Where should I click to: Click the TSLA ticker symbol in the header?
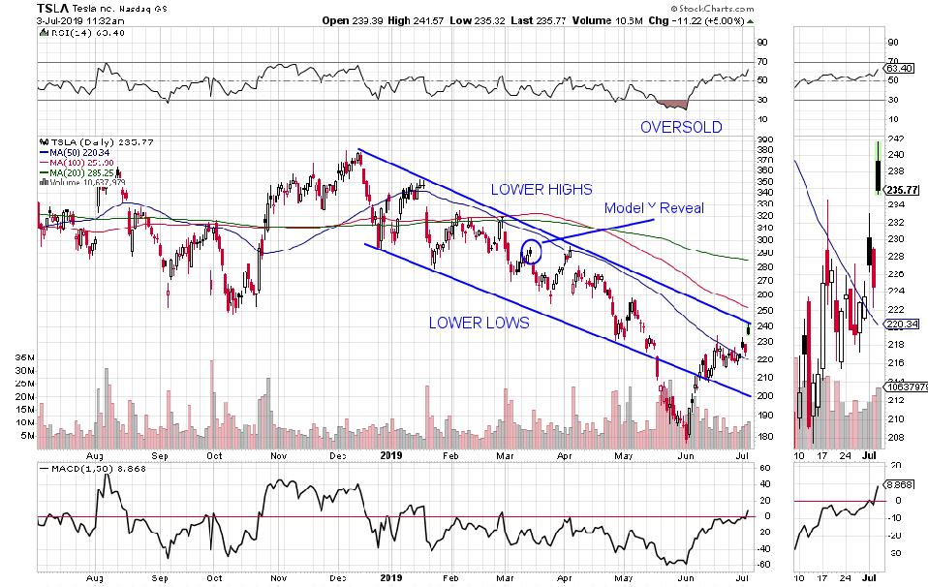click(x=20, y=7)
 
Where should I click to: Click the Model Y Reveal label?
click(x=654, y=209)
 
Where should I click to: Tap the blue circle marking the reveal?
click(x=530, y=252)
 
